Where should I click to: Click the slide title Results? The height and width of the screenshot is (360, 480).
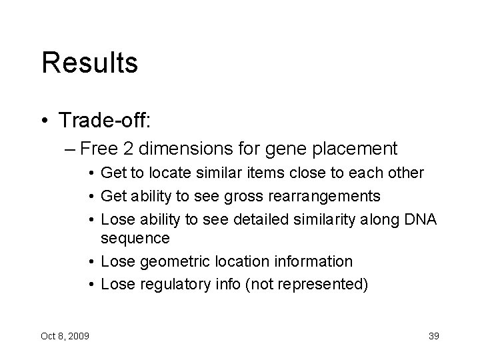click(x=89, y=63)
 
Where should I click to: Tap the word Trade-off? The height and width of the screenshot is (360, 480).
click(x=105, y=121)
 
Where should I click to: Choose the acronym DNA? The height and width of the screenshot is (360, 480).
click(x=421, y=219)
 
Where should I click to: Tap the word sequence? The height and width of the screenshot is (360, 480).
click(x=135, y=239)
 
